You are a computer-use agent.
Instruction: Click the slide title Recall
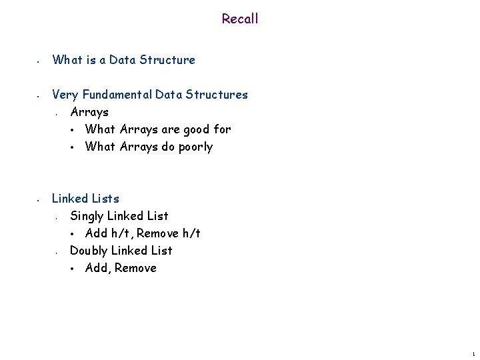(240, 19)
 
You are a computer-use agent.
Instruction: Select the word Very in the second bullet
(65, 95)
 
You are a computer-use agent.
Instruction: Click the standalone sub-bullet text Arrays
(89, 112)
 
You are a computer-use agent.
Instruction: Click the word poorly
(194, 147)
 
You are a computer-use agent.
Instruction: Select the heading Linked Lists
(85, 199)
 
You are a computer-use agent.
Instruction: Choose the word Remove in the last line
(136, 268)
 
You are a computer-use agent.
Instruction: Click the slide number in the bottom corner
(473, 352)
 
